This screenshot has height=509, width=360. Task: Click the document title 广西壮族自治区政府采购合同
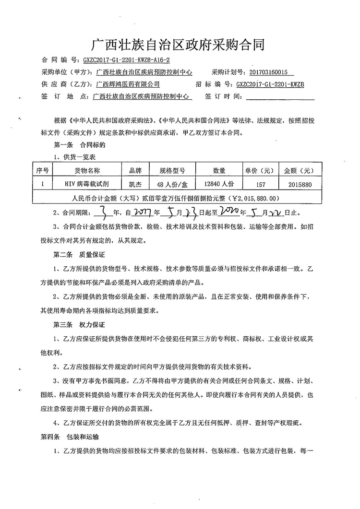178,46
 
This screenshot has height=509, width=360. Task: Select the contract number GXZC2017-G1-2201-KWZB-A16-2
126,61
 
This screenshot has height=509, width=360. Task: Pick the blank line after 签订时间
280,96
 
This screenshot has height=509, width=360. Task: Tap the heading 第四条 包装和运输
70,437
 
